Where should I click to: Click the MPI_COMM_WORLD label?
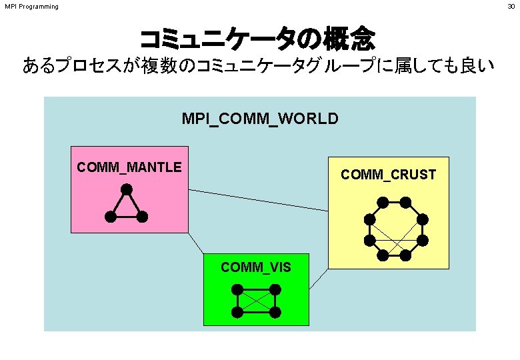pos(260,119)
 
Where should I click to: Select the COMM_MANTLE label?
pos(129,167)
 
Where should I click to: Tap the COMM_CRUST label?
pos(388,175)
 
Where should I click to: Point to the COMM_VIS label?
pos(256,267)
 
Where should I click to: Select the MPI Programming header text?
pos(31,7)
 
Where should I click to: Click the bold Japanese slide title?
pos(257,38)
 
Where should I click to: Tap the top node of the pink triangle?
pos(126,189)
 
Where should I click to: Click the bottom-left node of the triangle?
pos(110,216)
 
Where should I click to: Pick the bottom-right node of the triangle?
pos(142,216)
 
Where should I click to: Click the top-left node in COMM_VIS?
pos(237,289)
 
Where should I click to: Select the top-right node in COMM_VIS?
pos(275,289)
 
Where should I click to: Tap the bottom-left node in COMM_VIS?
pos(237,312)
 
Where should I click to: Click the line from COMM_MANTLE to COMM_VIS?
pos(196,243)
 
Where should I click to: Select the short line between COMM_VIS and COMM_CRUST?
pos(319,279)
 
